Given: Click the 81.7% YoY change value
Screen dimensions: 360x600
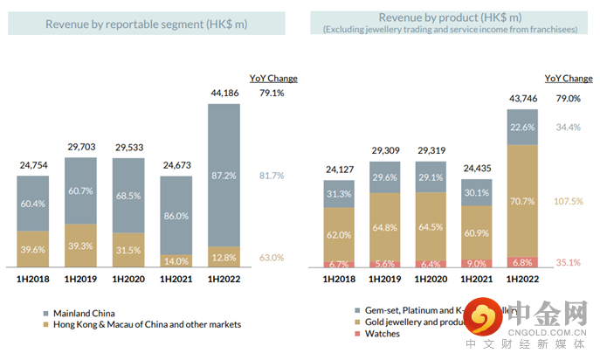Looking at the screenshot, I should click(271, 176).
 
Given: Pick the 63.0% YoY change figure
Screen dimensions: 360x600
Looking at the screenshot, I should click(271, 258).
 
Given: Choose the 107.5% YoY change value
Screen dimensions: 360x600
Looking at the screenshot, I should click(569, 200).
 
